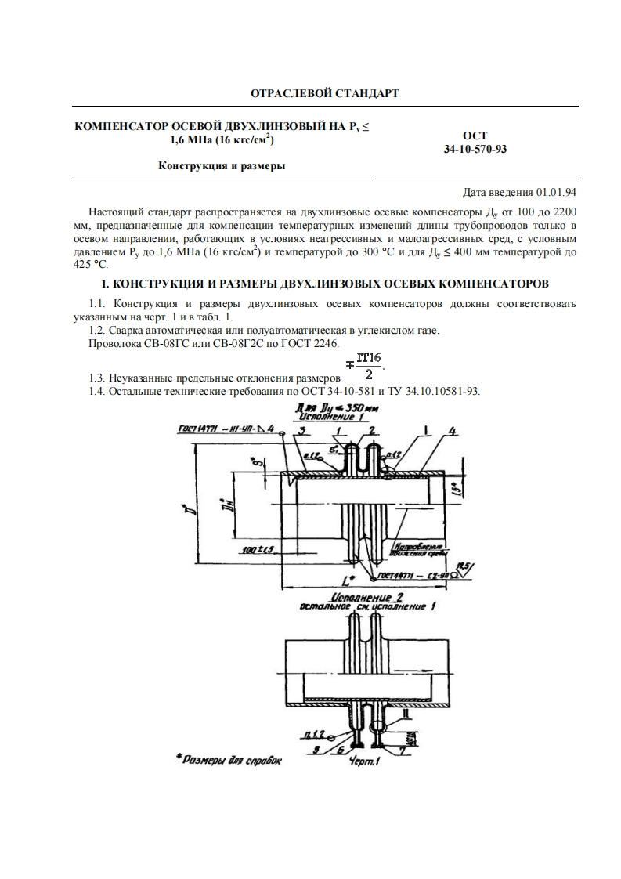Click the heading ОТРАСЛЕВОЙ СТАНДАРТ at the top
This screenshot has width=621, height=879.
pyautogui.click(x=324, y=94)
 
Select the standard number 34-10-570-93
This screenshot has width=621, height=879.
pyautogui.click(x=475, y=149)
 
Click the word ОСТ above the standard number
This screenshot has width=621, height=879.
pyautogui.click(x=475, y=136)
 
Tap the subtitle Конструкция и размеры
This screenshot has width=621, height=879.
pyautogui.click(x=222, y=166)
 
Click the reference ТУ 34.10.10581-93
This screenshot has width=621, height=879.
pyautogui.click(x=431, y=390)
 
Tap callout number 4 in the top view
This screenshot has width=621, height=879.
pyautogui.click(x=453, y=431)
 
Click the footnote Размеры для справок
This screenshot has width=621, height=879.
pyautogui.click(x=228, y=758)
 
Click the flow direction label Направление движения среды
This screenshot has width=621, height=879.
pyautogui.click(x=420, y=549)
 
